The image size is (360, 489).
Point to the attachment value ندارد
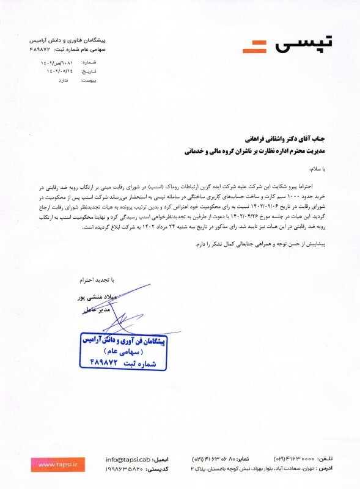(54, 79)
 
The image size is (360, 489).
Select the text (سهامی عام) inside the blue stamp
(127, 352)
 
